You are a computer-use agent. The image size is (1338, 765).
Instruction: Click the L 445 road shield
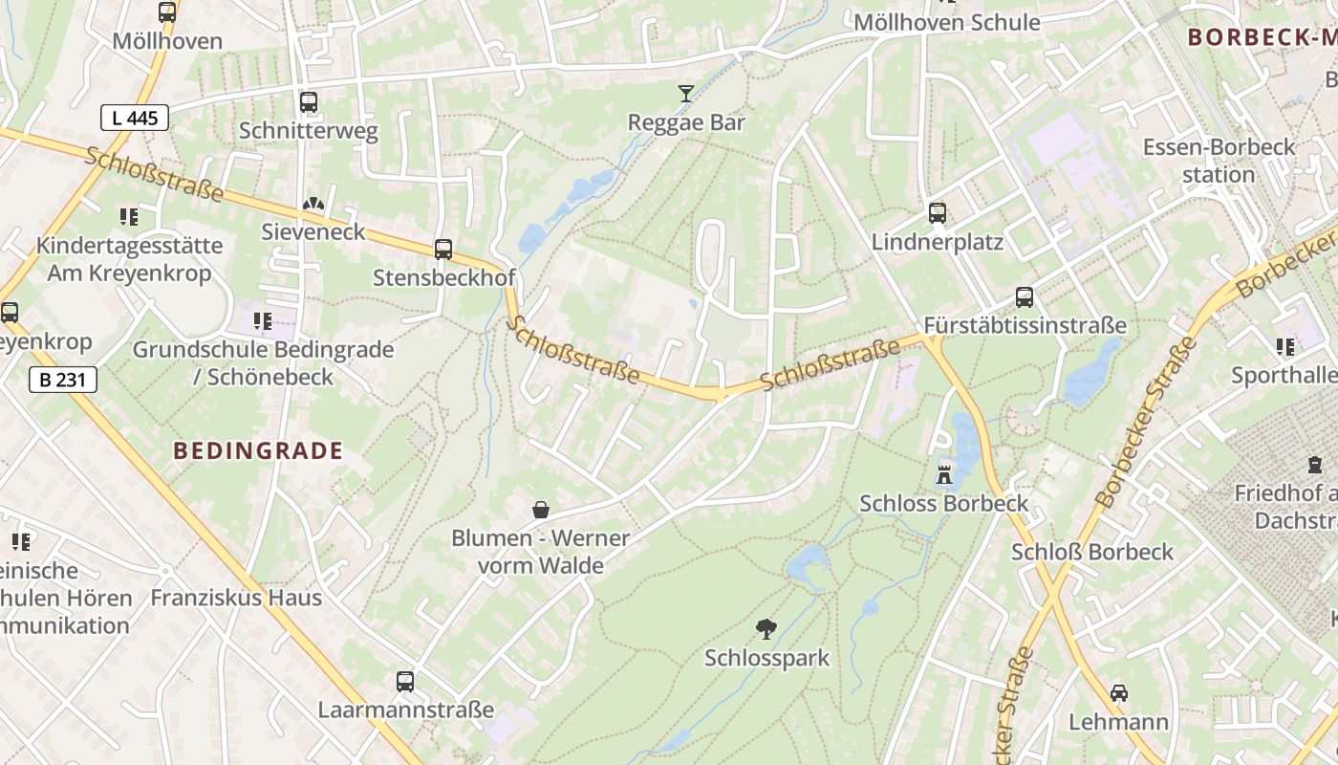click(135, 118)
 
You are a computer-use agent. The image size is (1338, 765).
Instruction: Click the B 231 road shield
click(63, 380)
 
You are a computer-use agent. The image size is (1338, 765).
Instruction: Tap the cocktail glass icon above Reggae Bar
click(686, 93)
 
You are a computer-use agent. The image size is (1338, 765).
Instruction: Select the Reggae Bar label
click(686, 122)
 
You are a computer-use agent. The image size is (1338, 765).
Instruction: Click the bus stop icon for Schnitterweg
click(309, 102)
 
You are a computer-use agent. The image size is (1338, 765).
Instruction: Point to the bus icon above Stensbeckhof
click(443, 250)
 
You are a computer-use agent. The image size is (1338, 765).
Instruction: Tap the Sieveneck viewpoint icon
click(313, 204)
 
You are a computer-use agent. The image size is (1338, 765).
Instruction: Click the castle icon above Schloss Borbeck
click(944, 473)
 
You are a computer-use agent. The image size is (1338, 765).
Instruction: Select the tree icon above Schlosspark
click(766, 628)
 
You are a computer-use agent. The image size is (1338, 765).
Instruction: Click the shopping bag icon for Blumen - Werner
click(541, 509)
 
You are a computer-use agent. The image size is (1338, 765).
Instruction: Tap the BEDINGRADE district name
click(258, 451)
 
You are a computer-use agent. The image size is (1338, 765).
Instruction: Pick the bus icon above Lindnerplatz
click(938, 213)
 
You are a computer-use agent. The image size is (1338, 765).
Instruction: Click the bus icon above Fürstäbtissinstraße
click(1025, 297)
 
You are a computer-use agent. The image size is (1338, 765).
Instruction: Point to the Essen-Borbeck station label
click(1219, 161)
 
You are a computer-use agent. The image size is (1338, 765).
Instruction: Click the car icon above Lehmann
click(1119, 692)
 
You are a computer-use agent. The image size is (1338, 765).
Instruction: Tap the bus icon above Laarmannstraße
click(405, 682)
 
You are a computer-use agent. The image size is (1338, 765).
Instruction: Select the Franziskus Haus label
click(236, 599)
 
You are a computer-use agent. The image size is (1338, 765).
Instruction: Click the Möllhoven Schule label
click(946, 23)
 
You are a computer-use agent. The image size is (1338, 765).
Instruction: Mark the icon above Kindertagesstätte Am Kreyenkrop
click(129, 217)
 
